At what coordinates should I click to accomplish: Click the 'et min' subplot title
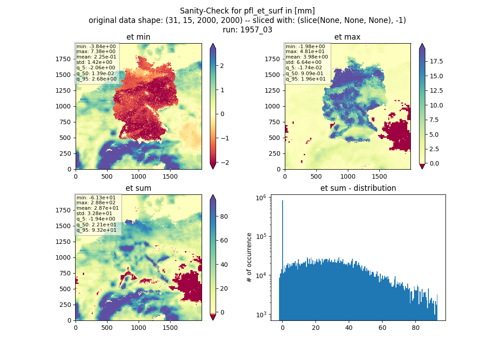click(138, 37)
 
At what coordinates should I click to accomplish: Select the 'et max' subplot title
click(347, 37)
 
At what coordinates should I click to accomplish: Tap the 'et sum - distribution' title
click(358, 188)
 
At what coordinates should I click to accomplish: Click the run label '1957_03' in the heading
click(256, 30)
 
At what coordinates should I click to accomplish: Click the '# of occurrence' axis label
click(249, 258)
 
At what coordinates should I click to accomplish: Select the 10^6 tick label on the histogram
click(261, 198)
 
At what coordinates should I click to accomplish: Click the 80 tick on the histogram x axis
click(416, 328)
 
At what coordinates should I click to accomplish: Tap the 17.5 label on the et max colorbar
click(436, 61)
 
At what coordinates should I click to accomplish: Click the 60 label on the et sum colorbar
click(224, 240)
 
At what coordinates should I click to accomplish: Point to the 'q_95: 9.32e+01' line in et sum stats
click(96, 230)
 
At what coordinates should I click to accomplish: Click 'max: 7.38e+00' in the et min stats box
click(96, 51)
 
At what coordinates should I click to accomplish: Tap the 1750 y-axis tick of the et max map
click(272, 59)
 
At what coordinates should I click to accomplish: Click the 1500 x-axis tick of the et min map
click(170, 176)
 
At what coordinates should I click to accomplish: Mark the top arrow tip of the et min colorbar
click(213, 44)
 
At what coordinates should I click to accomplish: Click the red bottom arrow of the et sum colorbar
click(213, 317)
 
